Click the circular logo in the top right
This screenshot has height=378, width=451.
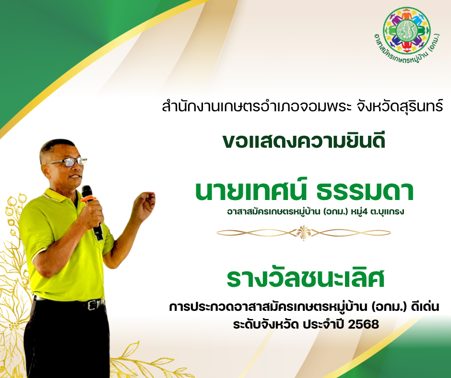tap(406, 31)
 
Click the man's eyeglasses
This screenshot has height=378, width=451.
tap(66, 163)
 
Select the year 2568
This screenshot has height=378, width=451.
tap(363, 324)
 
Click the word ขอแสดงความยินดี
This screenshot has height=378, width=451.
tap(304, 141)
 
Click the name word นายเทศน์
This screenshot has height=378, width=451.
tap(250, 190)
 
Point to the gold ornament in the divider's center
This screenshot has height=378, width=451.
tap(303, 233)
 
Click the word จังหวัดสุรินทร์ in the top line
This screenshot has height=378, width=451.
tap(400, 106)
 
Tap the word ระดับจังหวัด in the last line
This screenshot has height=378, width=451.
tap(265, 324)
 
